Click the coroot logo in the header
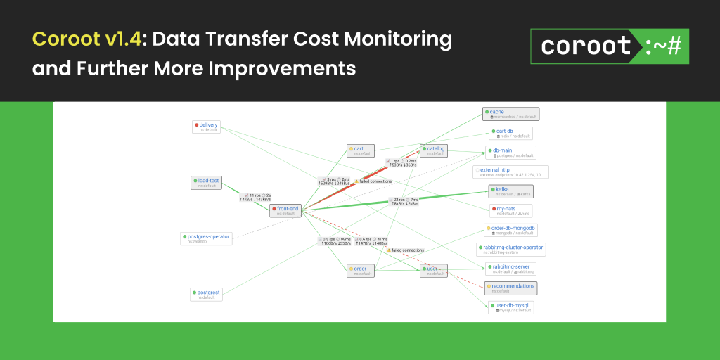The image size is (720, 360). coord(609,46)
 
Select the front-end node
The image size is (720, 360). coord(285,210)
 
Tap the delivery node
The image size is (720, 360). coord(206,127)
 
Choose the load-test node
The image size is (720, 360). coord(206,182)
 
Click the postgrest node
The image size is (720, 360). coord(206,294)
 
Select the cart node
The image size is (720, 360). coord(360,150)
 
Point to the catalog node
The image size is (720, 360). coord(433,150)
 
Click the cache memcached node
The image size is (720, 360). coord(510,114)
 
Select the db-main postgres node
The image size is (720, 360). coord(510,153)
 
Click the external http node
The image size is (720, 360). coord(510,172)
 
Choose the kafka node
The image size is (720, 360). coord(510,191)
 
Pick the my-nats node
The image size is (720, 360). coord(510,210)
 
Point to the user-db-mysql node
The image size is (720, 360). coord(510,307)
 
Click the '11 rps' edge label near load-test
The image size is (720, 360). coord(255,197)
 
